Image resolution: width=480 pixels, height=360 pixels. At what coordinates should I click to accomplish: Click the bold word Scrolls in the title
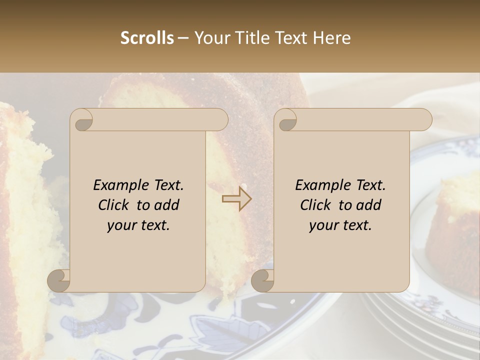147,38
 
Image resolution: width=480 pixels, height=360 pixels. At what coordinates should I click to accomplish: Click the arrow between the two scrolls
237,198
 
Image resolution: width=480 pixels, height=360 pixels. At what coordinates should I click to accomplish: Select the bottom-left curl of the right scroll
262,280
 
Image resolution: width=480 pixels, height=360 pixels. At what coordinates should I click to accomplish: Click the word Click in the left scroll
114,205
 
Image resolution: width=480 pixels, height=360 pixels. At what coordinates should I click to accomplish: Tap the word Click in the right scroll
316,205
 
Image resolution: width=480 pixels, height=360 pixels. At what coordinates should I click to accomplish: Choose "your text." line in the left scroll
138,225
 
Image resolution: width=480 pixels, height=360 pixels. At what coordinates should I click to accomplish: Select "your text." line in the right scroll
340,225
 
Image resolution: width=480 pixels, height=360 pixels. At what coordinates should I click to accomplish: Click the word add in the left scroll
167,205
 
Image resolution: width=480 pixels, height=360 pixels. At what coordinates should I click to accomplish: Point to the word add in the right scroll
369,205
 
